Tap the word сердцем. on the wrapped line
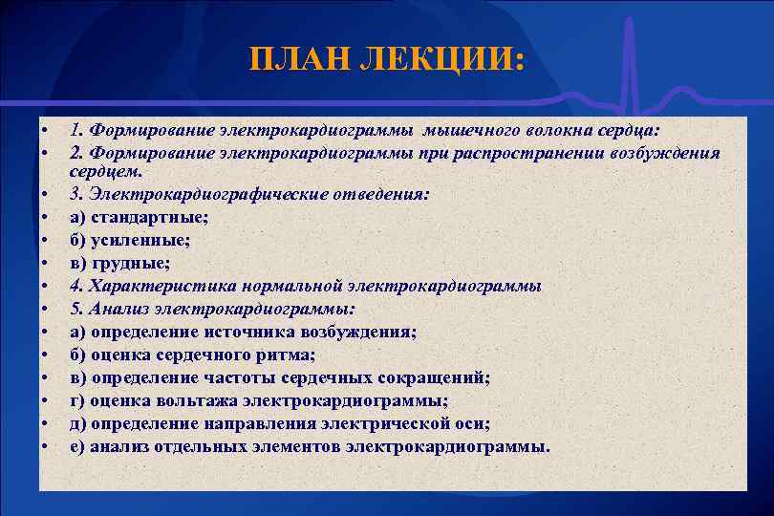pyautogui.click(x=105, y=172)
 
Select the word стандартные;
pyautogui.click(x=142, y=217)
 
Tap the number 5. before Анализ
pyautogui.click(x=76, y=309)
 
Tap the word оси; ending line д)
pyautogui.click(x=477, y=423)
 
